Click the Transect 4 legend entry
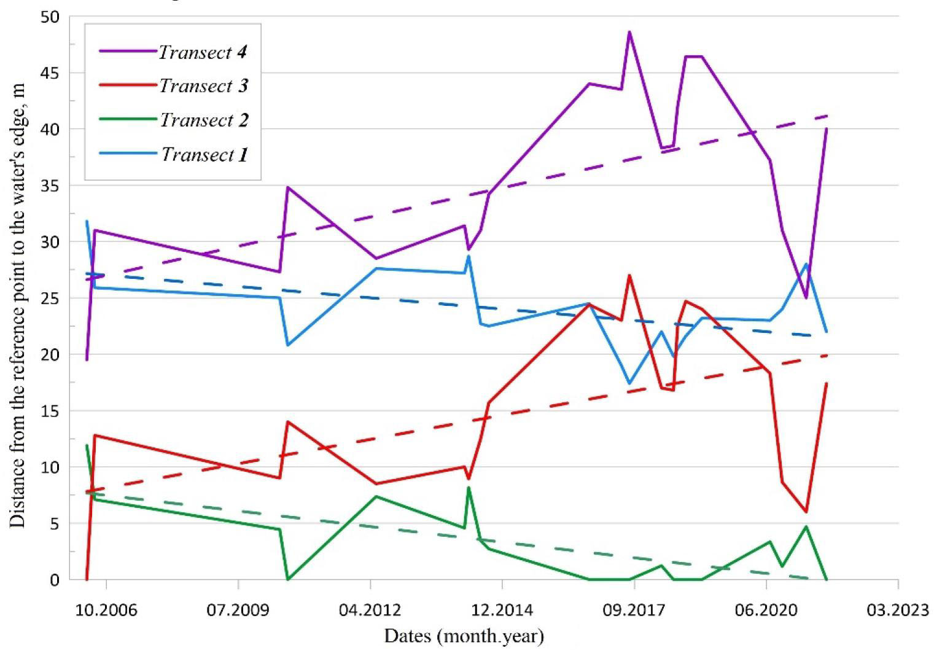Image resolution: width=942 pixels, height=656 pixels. (203, 52)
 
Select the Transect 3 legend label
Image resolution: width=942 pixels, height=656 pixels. (203, 86)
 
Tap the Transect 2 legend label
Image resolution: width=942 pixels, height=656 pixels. (204, 120)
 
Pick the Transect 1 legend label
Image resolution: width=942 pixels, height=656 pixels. (204, 155)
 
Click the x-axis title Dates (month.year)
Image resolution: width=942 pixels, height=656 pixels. (464, 636)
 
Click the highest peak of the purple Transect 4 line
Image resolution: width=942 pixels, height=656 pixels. (629, 32)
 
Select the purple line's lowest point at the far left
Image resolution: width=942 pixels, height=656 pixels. (87, 359)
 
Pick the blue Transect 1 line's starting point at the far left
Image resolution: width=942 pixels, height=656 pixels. (87, 221)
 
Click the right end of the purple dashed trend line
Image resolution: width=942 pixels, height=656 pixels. (828, 116)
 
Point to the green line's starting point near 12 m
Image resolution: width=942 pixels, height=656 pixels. (87, 445)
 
